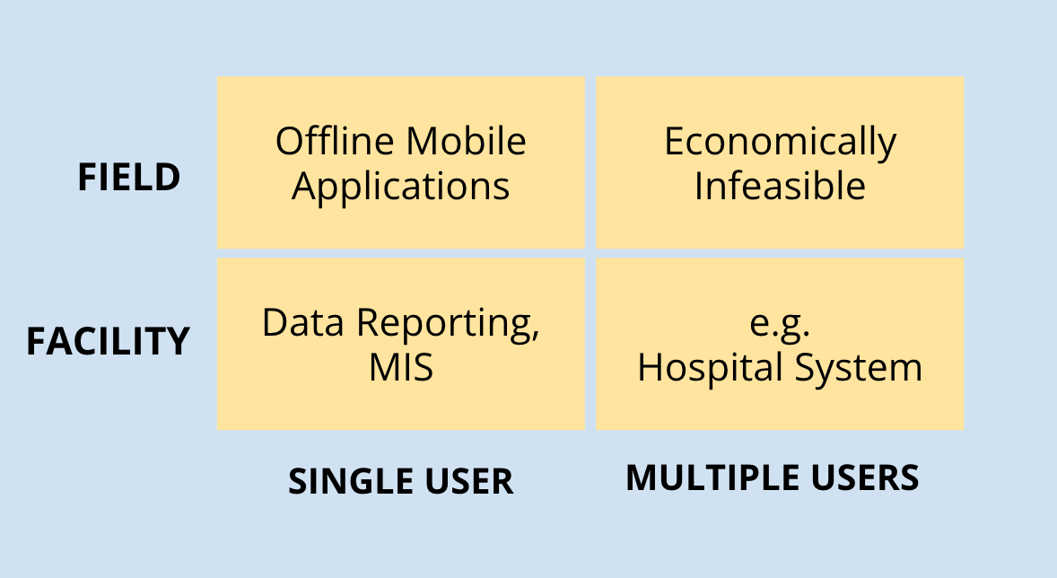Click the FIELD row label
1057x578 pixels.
coord(128,178)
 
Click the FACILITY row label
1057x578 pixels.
coord(108,341)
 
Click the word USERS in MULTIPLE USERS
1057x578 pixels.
coord(865,477)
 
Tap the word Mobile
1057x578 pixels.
coord(466,141)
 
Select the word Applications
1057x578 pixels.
coord(400,187)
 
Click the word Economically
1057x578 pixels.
coord(780,143)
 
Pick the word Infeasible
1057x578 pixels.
coord(780,186)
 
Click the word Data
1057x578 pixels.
coord(303,322)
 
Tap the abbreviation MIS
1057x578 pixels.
coord(401,368)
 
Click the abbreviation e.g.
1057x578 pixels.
coord(779,325)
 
